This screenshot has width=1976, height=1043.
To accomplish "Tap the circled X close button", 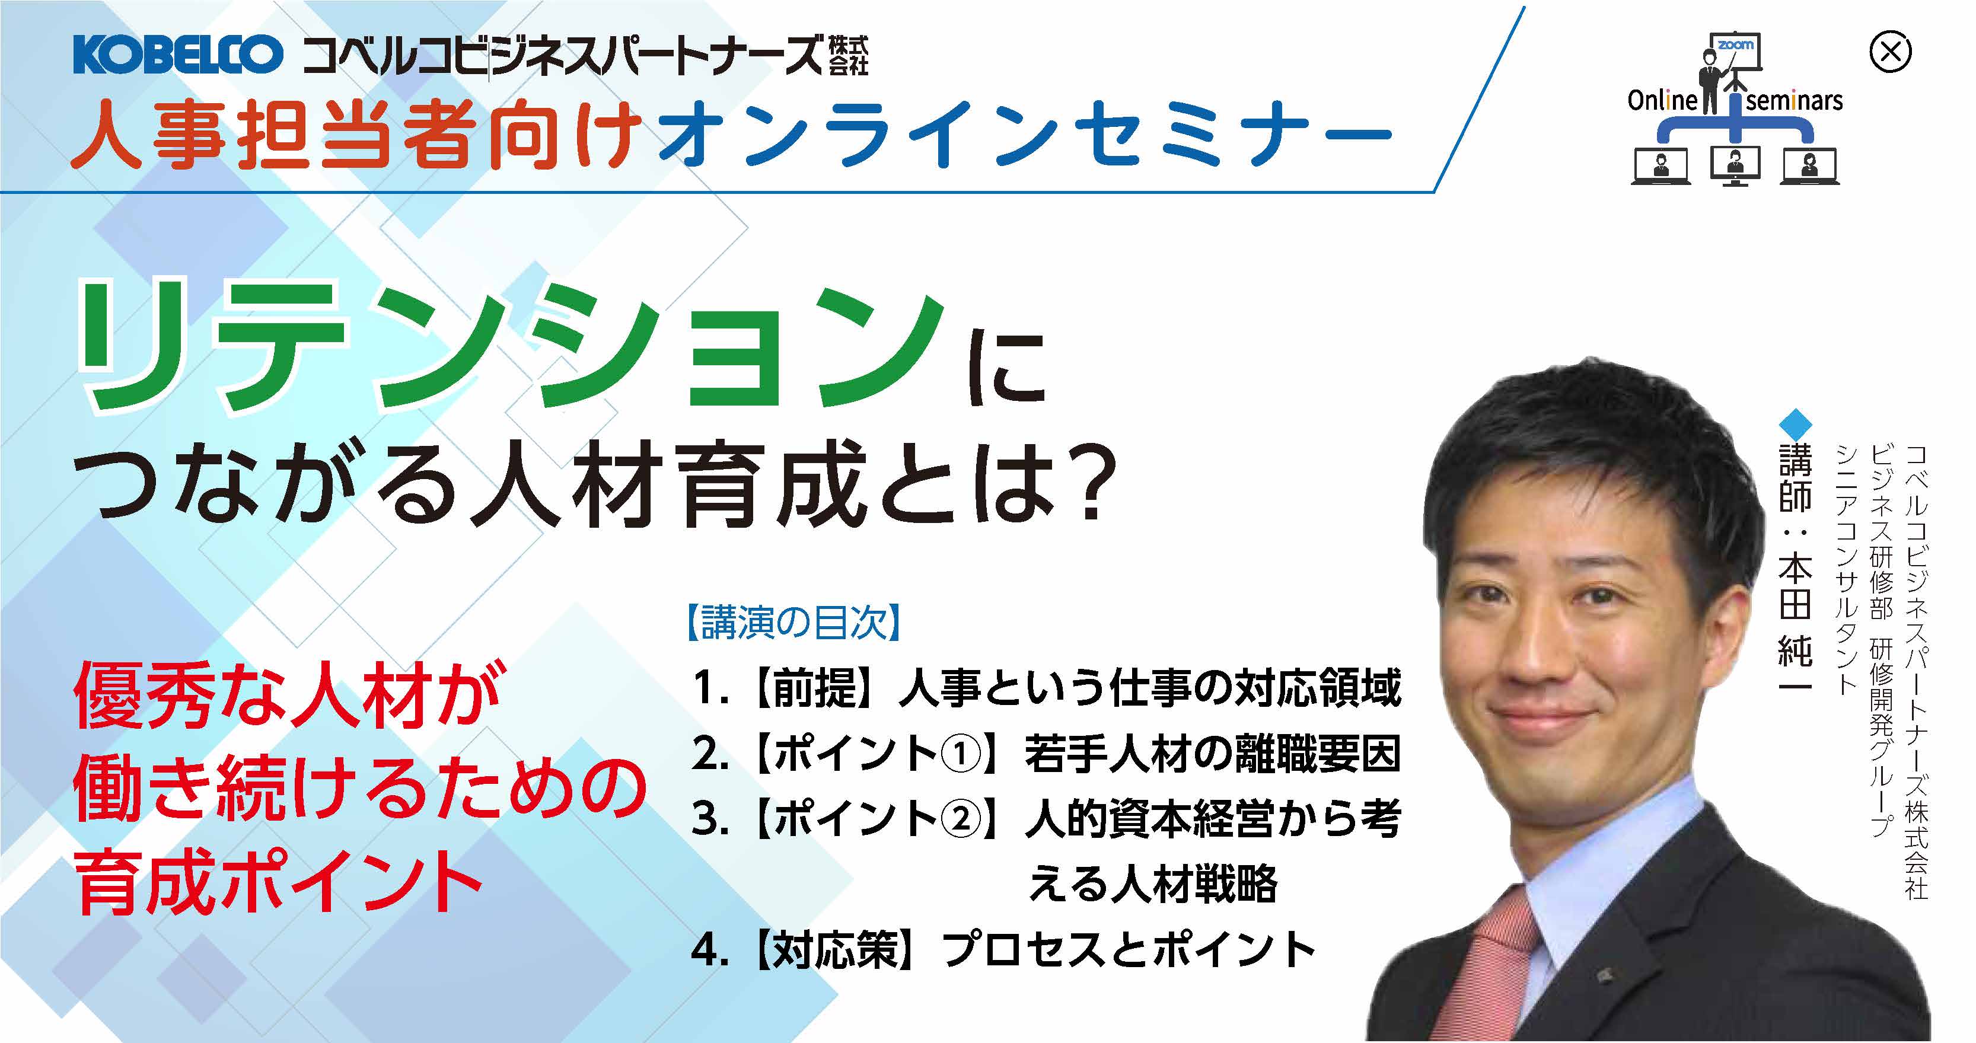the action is click(x=1890, y=52).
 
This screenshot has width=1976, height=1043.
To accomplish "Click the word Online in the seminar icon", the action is click(x=1662, y=100).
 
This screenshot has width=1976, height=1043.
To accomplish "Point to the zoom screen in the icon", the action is click(x=1735, y=52).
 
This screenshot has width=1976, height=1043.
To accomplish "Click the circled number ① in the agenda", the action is click(x=960, y=754).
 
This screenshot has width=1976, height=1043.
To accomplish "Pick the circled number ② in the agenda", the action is click(x=960, y=819).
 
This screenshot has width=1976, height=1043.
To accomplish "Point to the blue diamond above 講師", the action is click(x=1795, y=424).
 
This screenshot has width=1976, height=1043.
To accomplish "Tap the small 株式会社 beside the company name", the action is click(x=849, y=55).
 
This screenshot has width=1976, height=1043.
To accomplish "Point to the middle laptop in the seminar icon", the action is click(x=1735, y=168).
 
